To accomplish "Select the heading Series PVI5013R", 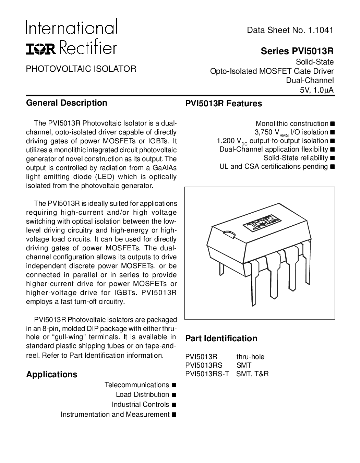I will [x=297, y=51].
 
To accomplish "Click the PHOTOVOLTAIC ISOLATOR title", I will [x=81, y=69].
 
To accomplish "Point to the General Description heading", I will [x=67, y=103].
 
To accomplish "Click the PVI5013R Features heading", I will [x=224, y=104].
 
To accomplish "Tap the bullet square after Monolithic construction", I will [x=332, y=124].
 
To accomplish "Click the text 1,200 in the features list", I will [x=226, y=141].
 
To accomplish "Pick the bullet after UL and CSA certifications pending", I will [x=332, y=167].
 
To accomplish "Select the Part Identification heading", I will [x=221, y=339].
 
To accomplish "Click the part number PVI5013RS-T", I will [x=207, y=374].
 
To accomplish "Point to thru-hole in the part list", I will [x=250, y=357].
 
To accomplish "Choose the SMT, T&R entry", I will [x=252, y=374].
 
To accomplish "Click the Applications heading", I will [x=52, y=375].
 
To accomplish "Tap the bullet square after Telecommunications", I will [x=173, y=385].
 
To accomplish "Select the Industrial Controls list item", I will [x=140, y=405].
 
